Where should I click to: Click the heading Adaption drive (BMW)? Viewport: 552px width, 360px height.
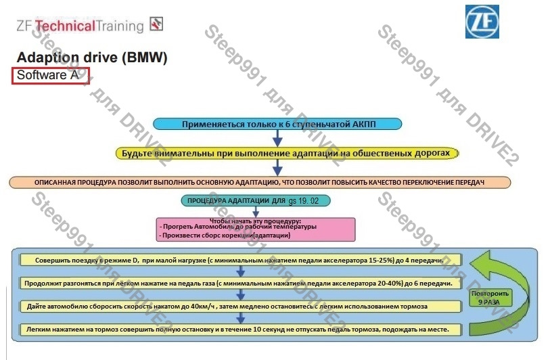91,58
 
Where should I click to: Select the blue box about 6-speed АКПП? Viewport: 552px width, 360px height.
277,124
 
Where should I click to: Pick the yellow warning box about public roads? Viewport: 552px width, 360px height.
288,154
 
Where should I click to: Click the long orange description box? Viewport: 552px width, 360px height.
260,182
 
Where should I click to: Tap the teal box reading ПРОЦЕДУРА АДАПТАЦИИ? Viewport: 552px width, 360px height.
256,201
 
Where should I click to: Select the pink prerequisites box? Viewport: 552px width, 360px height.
255,228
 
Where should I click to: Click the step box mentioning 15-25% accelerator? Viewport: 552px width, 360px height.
239,260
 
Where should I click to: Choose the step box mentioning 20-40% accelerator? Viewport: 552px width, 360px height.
239,283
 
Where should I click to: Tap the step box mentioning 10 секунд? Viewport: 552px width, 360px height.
239,330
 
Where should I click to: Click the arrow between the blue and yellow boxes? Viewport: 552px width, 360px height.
277,138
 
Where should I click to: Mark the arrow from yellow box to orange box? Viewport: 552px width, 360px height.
277,168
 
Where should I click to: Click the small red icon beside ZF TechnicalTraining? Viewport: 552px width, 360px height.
156,24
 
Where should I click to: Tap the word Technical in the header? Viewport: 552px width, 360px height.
65,26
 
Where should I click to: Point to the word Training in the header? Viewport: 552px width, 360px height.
120,26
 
